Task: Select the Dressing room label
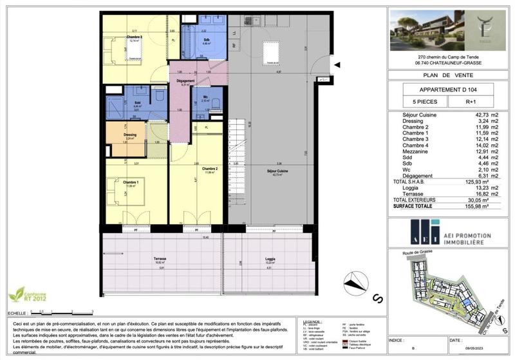coord(130,135)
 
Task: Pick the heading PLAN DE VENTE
coord(448,75)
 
